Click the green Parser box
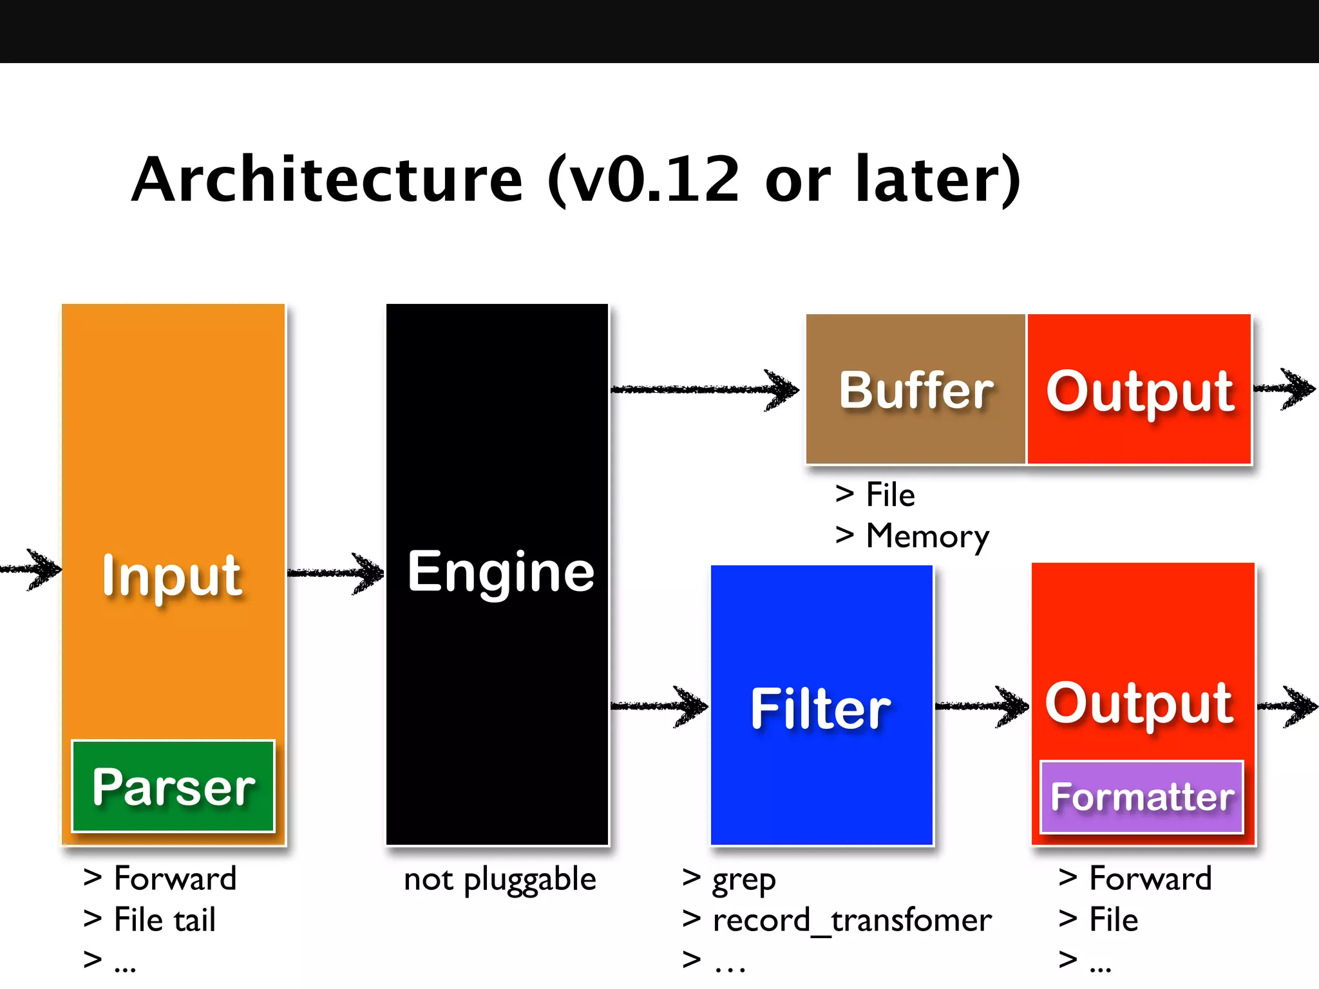(x=173, y=786)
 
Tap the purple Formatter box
(x=1141, y=797)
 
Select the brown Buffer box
(x=915, y=390)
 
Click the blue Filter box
(x=821, y=708)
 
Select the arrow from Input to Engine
(x=335, y=572)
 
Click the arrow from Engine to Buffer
(x=705, y=390)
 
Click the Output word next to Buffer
(x=1139, y=391)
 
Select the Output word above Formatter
(x=1139, y=703)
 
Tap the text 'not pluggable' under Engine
(x=500, y=880)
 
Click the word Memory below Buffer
(x=927, y=536)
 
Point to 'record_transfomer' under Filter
(x=851, y=920)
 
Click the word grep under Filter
(x=743, y=880)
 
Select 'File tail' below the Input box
(x=164, y=919)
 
